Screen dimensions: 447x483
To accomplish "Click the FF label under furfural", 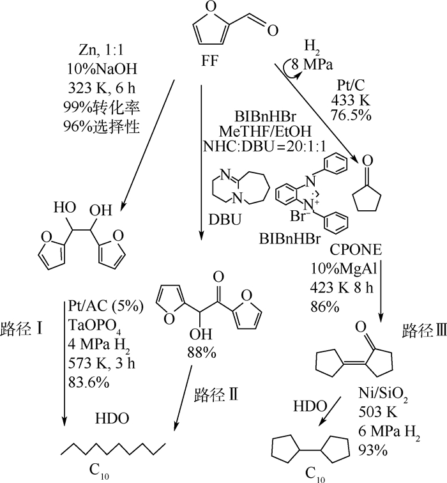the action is [210, 61].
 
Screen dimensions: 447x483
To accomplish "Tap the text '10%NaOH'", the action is [102, 69].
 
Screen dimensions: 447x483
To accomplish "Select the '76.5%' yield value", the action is [351, 115].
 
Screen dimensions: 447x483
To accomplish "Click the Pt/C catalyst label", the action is [351, 85].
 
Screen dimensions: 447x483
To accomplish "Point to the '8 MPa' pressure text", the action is [312, 65].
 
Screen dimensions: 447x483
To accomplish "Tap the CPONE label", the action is [356, 250].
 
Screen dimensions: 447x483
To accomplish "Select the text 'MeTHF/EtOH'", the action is [265, 132].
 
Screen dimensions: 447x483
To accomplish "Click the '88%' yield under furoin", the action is [202, 353].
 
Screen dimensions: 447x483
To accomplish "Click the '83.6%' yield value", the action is [88, 382].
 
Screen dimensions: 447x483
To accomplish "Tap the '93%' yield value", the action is [373, 451].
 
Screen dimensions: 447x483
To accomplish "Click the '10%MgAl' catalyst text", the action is [344, 268].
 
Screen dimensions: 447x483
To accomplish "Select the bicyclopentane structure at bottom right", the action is [310, 450].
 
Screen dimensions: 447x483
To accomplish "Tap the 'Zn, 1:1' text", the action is [101, 50].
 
